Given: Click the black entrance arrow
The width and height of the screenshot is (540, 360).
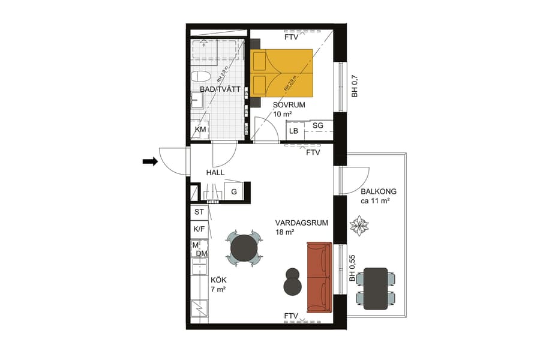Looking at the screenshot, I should click(150, 161).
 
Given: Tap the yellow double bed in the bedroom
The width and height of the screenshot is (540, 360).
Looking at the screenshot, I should click(282, 73).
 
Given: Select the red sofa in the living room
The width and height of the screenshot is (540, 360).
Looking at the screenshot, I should click(319, 277).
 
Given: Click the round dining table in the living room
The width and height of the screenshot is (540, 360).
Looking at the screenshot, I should click(244, 248).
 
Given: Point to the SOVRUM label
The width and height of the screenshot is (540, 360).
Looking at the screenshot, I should click(289, 104).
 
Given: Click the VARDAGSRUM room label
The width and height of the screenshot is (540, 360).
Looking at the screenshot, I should click(302, 222).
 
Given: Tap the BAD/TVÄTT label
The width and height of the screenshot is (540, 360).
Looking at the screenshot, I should click(220, 89).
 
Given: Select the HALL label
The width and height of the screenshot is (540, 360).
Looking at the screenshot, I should click(215, 172).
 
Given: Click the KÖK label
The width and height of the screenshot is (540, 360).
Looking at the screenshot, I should click(218, 280).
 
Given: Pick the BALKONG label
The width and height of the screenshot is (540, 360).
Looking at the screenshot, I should click(379, 192).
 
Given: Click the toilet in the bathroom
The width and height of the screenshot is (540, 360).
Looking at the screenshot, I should click(200, 77).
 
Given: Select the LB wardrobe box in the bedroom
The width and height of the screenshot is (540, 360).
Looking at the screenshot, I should click(294, 131).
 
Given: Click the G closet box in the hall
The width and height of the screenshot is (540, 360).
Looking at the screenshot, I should click(233, 192).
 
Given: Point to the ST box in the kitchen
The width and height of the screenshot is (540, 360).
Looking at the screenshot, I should click(199, 212).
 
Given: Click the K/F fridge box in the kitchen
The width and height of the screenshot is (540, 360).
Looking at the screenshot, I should click(199, 229).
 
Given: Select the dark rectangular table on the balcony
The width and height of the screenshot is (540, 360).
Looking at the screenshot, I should click(376, 288).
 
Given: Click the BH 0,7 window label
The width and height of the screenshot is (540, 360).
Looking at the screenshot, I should click(354, 86).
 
